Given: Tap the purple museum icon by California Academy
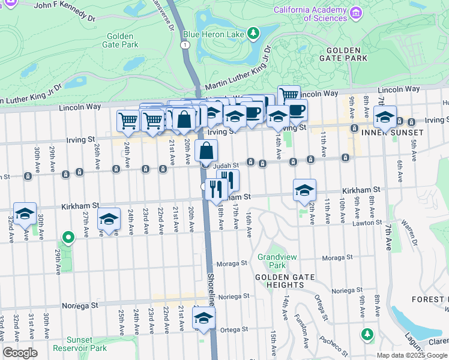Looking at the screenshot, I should [x=357, y=13].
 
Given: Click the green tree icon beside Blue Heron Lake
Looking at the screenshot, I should [x=254, y=32].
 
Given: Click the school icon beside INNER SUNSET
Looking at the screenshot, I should [x=384, y=116].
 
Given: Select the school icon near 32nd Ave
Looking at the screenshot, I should [x=25, y=214].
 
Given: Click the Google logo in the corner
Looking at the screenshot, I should [x=20, y=353].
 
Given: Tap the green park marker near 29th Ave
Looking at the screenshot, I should [x=68, y=238].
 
